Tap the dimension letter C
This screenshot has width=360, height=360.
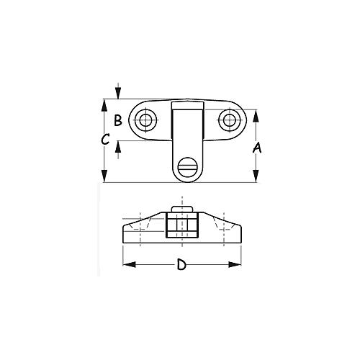105,140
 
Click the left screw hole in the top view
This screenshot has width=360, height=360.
146,120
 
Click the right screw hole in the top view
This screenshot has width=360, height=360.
230,120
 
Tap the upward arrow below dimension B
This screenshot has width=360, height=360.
118,145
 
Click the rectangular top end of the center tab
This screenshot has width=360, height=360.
187,108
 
